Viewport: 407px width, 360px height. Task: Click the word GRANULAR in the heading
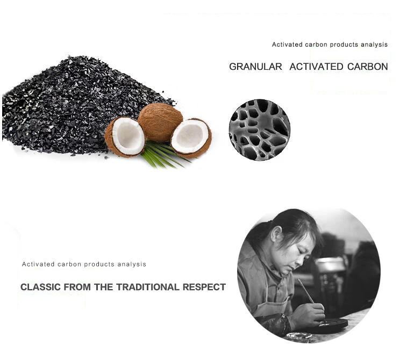(255, 67)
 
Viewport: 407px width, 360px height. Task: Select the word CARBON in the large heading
(368, 67)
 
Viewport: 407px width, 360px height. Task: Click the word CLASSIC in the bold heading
(41, 287)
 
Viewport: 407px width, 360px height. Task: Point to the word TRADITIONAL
(148, 287)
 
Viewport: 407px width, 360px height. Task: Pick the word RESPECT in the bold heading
(204, 287)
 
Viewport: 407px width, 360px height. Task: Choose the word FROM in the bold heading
(77, 287)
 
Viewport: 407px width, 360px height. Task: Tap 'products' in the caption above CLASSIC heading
(99, 264)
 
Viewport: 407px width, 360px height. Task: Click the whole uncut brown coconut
(160, 121)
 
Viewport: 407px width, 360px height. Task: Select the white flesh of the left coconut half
(128, 136)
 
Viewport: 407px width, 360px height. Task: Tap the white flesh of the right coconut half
(190, 135)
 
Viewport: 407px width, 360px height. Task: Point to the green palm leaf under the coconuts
(162, 155)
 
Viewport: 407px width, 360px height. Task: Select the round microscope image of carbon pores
(260, 129)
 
